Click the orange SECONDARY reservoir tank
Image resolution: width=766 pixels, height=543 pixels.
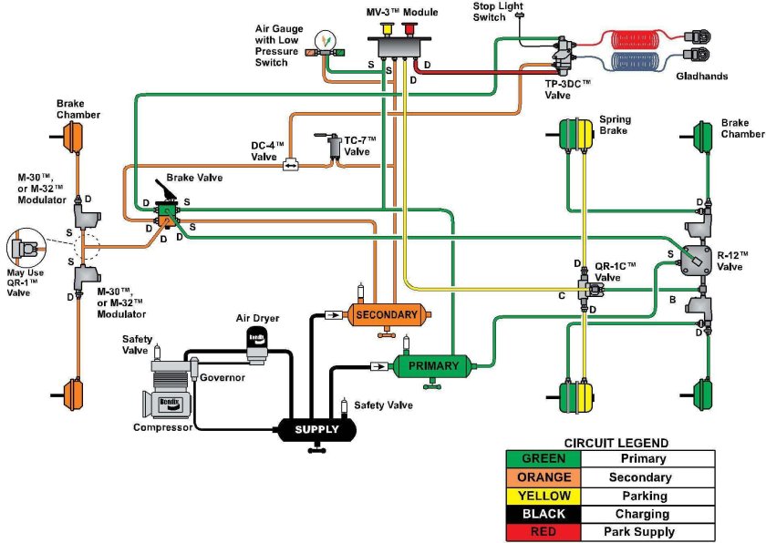pos(386,315)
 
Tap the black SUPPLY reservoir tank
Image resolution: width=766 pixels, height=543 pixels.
pos(316,429)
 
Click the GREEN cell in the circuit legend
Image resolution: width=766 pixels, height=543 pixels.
pos(543,459)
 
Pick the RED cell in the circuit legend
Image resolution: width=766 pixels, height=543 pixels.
pos(543,531)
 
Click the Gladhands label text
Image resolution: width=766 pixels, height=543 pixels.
pos(701,77)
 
